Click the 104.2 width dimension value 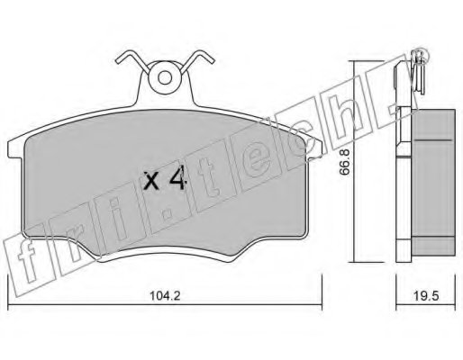click(x=165, y=296)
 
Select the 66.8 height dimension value click(x=345, y=162)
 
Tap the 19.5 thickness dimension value click(x=426, y=296)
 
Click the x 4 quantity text click(x=165, y=180)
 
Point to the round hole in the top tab click(x=165, y=77)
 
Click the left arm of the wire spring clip click(x=132, y=60)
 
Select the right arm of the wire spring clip click(x=197, y=60)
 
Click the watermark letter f click(x=26, y=262)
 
